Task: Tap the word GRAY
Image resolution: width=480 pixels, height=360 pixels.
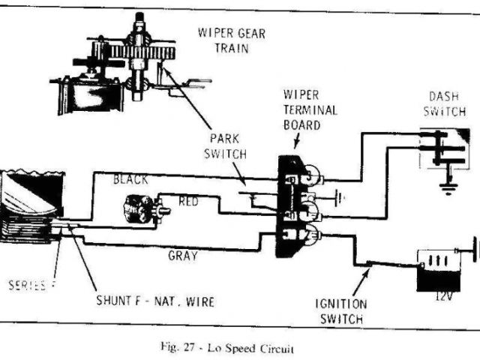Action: pos(182,255)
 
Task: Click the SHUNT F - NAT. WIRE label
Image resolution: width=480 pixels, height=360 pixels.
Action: pos(156,301)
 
